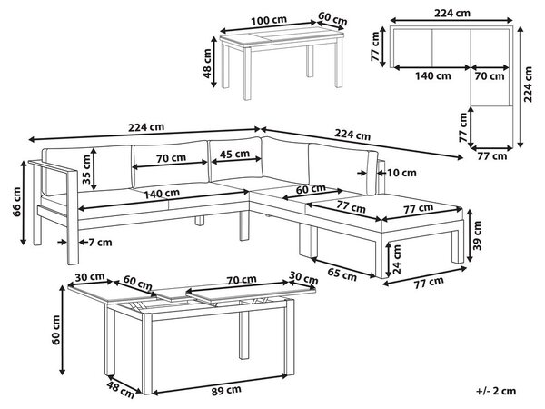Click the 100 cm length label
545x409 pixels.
269,21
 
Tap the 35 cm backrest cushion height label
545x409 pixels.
87,169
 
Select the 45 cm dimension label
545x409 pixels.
235,154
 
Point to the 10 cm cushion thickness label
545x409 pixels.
401,173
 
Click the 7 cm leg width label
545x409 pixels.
100,242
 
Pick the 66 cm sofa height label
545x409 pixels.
17,202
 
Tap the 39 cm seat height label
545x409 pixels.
478,235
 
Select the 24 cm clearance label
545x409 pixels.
397,259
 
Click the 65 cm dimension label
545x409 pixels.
342,274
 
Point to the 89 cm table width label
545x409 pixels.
226,391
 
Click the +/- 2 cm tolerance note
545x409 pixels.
496,391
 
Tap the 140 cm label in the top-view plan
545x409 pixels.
433,75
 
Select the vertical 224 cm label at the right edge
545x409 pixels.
528,85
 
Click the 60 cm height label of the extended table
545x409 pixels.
55,330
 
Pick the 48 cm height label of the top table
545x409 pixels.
207,63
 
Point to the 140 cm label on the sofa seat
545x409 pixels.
162,194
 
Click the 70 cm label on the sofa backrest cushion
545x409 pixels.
171,158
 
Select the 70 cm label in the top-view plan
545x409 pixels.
490,75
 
